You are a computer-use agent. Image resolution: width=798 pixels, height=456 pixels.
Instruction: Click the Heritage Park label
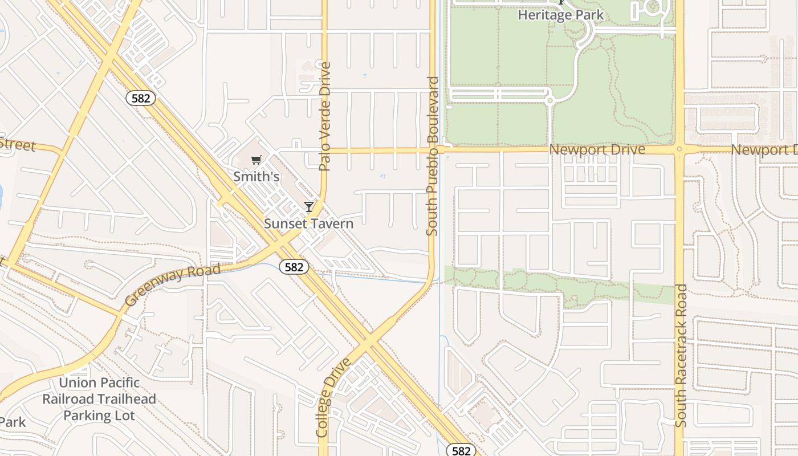pyautogui.click(x=560, y=15)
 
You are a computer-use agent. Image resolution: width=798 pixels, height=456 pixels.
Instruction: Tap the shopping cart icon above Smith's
pyautogui.click(x=256, y=160)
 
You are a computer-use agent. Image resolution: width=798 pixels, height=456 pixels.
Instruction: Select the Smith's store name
pyautogui.click(x=256, y=177)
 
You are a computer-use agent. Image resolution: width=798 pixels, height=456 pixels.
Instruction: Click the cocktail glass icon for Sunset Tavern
pyautogui.click(x=309, y=206)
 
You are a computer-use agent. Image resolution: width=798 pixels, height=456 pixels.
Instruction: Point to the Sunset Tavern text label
pyautogui.click(x=308, y=223)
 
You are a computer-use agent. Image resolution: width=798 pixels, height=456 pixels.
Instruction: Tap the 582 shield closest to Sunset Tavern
pyautogui.click(x=294, y=266)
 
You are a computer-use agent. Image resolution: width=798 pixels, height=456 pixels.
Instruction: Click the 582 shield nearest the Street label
pyautogui.click(x=140, y=98)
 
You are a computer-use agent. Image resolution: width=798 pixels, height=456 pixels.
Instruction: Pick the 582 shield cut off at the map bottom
pyautogui.click(x=460, y=450)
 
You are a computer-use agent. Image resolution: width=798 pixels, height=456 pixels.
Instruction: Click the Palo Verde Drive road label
pyautogui.click(x=325, y=117)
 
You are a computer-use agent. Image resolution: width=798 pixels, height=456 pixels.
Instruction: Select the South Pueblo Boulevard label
pyautogui.click(x=433, y=156)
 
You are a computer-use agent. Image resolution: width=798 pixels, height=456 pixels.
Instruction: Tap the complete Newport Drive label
pyautogui.click(x=597, y=149)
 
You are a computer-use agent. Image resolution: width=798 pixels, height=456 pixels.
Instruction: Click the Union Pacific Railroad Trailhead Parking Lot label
pyautogui.click(x=99, y=399)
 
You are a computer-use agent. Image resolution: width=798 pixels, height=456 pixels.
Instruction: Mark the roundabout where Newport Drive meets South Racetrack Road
pyautogui.click(x=679, y=149)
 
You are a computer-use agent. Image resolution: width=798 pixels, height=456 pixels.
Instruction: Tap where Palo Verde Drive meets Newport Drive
pyautogui.click(x=324, y=151)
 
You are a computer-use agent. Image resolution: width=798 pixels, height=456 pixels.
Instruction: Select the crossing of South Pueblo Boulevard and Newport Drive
pyautogui.click(x=432, y=150)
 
